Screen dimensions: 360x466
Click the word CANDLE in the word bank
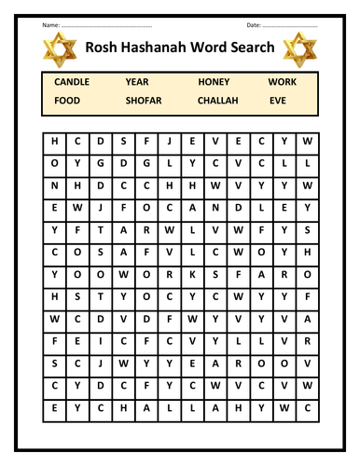[72, 83]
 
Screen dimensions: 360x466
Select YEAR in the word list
[136, 83]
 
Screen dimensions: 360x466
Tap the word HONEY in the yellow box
[214, 83]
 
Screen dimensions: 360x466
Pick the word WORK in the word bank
[283, 83]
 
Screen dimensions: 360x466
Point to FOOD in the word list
[67, 100]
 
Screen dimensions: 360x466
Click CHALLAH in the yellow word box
[217, 100]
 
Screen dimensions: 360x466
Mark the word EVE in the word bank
[277, 100]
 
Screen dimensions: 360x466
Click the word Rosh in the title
[104, 47]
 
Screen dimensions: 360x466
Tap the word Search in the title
[250, 47]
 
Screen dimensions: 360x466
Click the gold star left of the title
[61, 48]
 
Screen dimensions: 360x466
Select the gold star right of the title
[299, 48]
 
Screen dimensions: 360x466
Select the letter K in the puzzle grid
[193, 273]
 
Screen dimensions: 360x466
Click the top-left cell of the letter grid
[54, 142]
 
